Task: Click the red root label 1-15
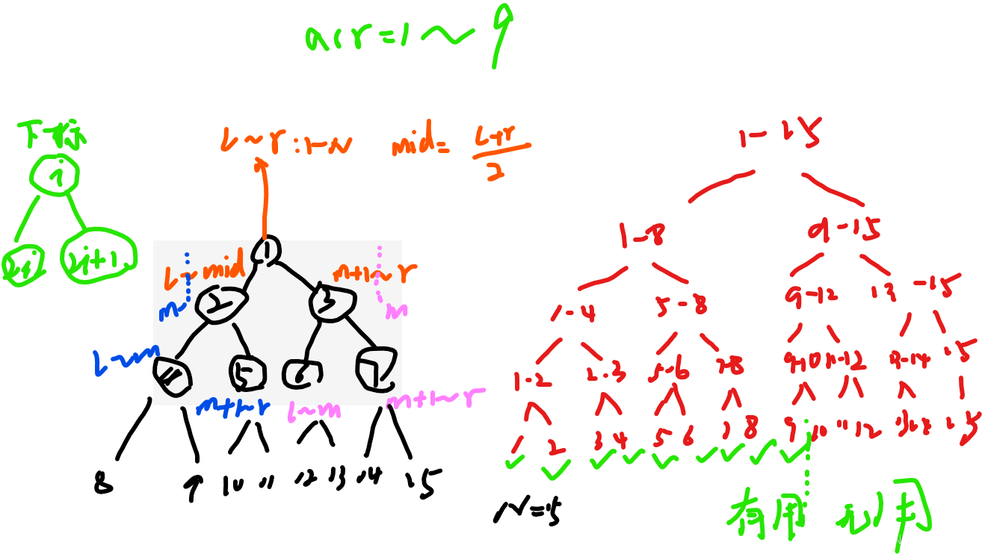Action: point(779,135)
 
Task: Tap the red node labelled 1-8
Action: point(640,235)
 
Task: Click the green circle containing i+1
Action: point(99,257)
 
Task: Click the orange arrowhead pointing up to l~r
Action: point(262,164)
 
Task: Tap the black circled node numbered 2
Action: point(218,304)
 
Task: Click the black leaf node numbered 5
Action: point(247,372)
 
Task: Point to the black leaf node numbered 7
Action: point(376,369)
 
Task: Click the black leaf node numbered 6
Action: point(302,373)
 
